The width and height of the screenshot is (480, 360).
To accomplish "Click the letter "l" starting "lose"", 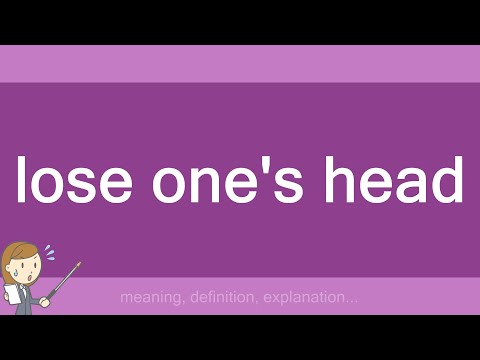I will coord(21,181).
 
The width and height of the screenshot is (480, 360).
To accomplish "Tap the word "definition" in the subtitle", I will coord(222,297).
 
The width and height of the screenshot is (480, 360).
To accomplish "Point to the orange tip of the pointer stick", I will coord(77,265).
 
